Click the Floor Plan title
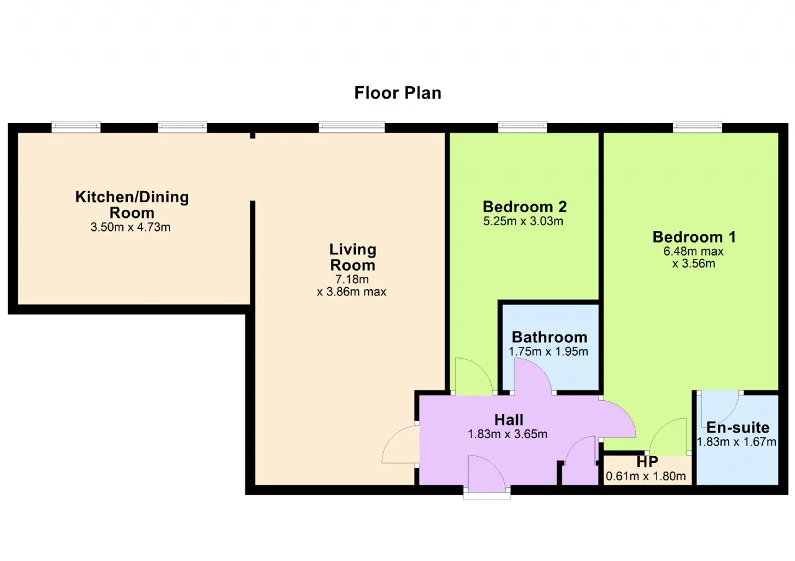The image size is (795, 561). pos(398,93)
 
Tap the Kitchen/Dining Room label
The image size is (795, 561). pos(132,205)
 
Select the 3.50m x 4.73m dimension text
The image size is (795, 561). pos(130,227)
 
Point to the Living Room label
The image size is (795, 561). pos(353,257)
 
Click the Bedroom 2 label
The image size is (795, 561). pos(525,207)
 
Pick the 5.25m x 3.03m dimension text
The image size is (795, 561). pos(523,222)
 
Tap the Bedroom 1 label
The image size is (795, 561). pos(694,236)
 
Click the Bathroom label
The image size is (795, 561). pos(550,337)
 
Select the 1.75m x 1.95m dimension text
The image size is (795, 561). pos(548,351)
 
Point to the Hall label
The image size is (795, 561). pos(509,420)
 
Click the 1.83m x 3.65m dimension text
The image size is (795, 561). pos(507,434)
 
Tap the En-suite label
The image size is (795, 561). pos(738,428)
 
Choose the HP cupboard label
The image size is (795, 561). pos(647,462)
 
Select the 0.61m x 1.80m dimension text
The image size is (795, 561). pos(645,476)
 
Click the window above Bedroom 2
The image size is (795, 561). pos(522,127)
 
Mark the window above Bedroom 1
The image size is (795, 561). pos(697,127)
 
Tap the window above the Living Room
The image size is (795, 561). pos(352,127)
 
